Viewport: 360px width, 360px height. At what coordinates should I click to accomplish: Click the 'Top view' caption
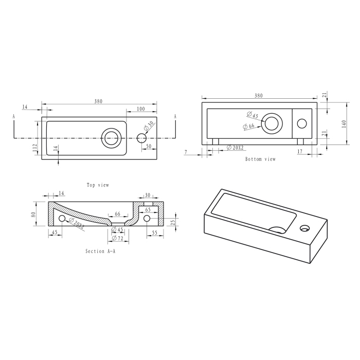point(98,185)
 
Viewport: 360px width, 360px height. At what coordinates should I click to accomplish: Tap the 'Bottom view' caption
point(260,159)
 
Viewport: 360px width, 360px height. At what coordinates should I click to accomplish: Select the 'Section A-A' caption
point(100,251)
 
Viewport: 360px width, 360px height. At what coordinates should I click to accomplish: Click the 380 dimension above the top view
point(98,101)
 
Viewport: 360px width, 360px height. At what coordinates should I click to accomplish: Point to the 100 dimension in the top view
point(141,109)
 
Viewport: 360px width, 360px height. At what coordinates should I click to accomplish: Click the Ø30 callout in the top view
point(149,127)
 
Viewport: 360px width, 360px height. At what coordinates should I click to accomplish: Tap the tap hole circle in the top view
point(141,138)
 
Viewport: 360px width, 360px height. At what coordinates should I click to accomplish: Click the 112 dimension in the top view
point(35,148)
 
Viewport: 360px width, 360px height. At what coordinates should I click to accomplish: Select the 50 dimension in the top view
point(149,146)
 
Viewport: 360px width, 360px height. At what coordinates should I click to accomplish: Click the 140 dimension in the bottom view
point(344,124)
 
